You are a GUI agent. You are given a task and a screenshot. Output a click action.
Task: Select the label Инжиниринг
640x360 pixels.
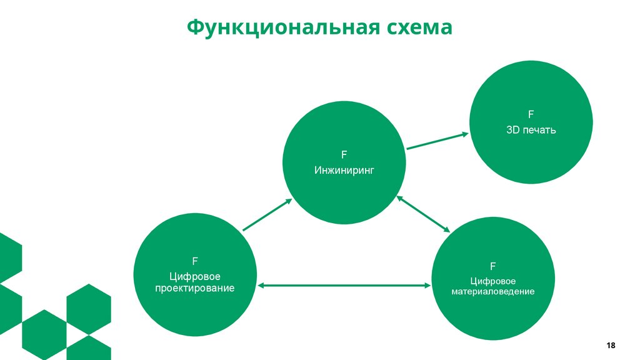pyautogui.click(x=344, y=169)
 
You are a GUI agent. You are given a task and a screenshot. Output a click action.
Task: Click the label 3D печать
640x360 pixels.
pyautogui.click(x=531, y=131)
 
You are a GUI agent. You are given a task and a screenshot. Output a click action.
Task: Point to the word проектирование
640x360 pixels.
pyautogui.click(x=195, y=288)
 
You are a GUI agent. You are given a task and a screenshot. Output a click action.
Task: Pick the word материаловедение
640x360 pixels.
pyautogui.click(x=493, y=292)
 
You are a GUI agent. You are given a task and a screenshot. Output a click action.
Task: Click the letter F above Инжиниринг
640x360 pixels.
pyautogui.click(x=344, y=154)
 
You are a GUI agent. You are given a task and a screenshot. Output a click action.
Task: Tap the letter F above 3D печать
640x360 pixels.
pyautogui.click(x=531, y=114)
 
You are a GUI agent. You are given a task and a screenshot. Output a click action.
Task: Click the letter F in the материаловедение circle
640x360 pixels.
pyautogui.click(x=493, y=266)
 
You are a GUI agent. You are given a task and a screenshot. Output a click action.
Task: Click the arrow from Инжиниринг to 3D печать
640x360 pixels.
pyautogui.click(x=437, y=141)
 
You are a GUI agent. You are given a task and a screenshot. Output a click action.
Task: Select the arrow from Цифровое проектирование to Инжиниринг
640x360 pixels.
pyautogui.click(x=267, y=215)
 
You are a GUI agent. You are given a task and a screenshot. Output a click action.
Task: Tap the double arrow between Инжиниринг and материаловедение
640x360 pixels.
pyautogui.click(x=424, y=214)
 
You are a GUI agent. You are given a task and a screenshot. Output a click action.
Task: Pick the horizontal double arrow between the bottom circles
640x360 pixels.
pyautogui.click(x=344, y=286)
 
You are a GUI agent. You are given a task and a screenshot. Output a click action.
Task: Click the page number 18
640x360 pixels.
pyautogui.click(x=611, y=345)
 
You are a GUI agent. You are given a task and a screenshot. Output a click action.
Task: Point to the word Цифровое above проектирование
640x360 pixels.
pyautogui.click(x=195, y=276)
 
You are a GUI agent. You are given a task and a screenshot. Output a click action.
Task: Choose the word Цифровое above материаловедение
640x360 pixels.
pyautogui.click(x=493, y=281)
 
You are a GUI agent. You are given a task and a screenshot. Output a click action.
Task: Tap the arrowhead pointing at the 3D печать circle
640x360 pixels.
pyautogui.click(x=464, y=134)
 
